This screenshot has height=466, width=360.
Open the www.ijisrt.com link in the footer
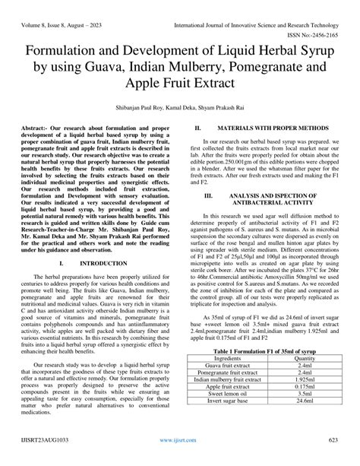[179, 460]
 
